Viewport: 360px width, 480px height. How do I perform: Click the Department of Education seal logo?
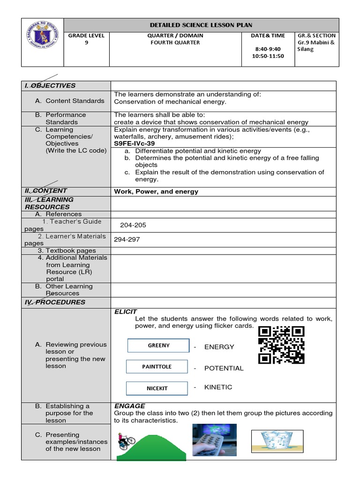tap(42, 42)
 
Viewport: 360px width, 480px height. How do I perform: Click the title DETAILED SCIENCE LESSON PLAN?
tap(201, 25)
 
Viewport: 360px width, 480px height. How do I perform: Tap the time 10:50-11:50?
tap(268, 56)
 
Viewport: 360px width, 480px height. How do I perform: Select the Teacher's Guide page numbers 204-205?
tap(133, 225)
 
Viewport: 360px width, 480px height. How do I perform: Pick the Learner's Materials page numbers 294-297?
tap(127, 240)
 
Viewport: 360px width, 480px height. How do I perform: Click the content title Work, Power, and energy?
tap(156, 191)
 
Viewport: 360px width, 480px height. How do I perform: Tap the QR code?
tap(281, 345)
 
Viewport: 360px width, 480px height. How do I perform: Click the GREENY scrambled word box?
tap(158, 345)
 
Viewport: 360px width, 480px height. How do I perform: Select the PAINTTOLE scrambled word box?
tap(157, 367)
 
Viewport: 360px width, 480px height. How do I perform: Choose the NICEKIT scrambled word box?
tap(157, 388)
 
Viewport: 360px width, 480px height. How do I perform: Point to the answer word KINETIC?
tap(218, 387)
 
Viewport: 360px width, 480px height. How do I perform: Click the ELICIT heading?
tap(126, 311)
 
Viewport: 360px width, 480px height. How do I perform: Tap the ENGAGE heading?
tap(130, 405)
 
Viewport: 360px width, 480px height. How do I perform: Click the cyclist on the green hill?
tap(126, 441)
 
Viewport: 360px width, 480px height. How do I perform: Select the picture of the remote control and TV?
tap(214, 439)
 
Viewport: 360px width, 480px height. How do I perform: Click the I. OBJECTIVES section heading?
tap(50, 85)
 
